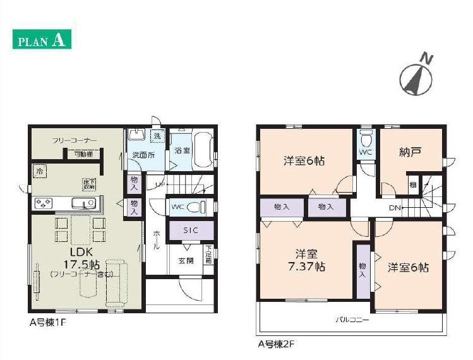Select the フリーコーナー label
[74, 140]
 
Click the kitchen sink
[83, 203]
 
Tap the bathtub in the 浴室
[201, 150]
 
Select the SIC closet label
[191, 231]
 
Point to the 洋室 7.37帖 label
[306, 260]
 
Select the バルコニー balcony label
[352, 320]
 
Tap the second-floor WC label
[366, 153]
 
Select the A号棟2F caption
[276, 345]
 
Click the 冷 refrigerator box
[39, 171]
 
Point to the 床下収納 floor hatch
[88, 184]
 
